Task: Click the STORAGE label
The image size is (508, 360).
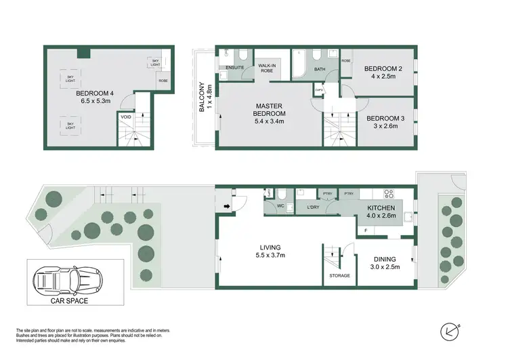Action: (x=339, y=276)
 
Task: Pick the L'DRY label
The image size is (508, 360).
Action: (x=314, y=206)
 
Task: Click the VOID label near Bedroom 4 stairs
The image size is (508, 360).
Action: (x=126, y=117)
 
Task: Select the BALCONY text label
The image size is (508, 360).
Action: (x=201, y=98)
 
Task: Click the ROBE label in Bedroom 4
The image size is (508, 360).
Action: (x=163, y=81)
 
